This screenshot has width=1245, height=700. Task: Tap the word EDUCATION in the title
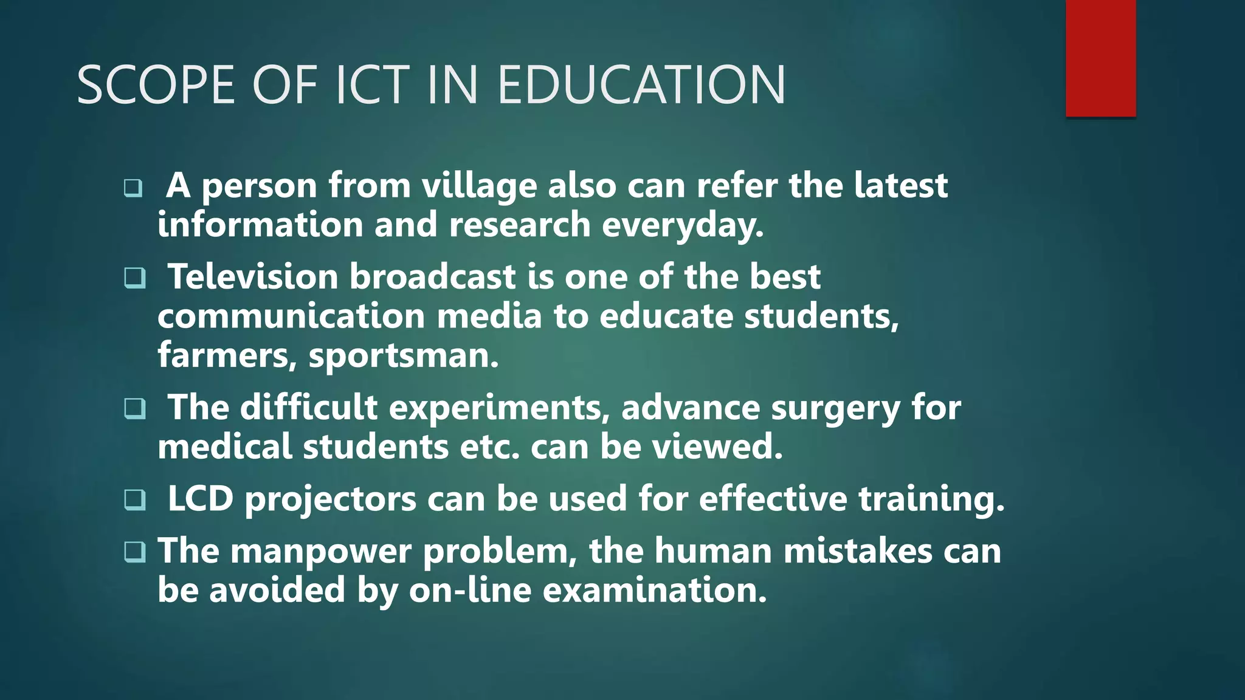click(641, 85)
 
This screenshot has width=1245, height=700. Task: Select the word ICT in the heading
click(372, 85)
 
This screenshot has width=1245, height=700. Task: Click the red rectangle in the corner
click(1100, 58)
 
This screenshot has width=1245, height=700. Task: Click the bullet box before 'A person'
click(133, 188)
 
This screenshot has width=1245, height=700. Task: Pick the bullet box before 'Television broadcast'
click(134, 278)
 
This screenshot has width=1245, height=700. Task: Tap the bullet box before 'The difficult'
click(134, 408)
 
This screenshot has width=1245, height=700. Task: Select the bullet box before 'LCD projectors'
click(134, 499)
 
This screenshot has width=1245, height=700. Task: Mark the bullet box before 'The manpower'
click(134, 552)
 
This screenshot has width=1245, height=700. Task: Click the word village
click(479, 186)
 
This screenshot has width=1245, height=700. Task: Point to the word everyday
click(682, 225)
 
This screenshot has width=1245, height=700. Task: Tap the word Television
click(252, 277)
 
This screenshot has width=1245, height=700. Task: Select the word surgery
click(835, 408)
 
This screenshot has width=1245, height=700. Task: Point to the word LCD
click(201, 499)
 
